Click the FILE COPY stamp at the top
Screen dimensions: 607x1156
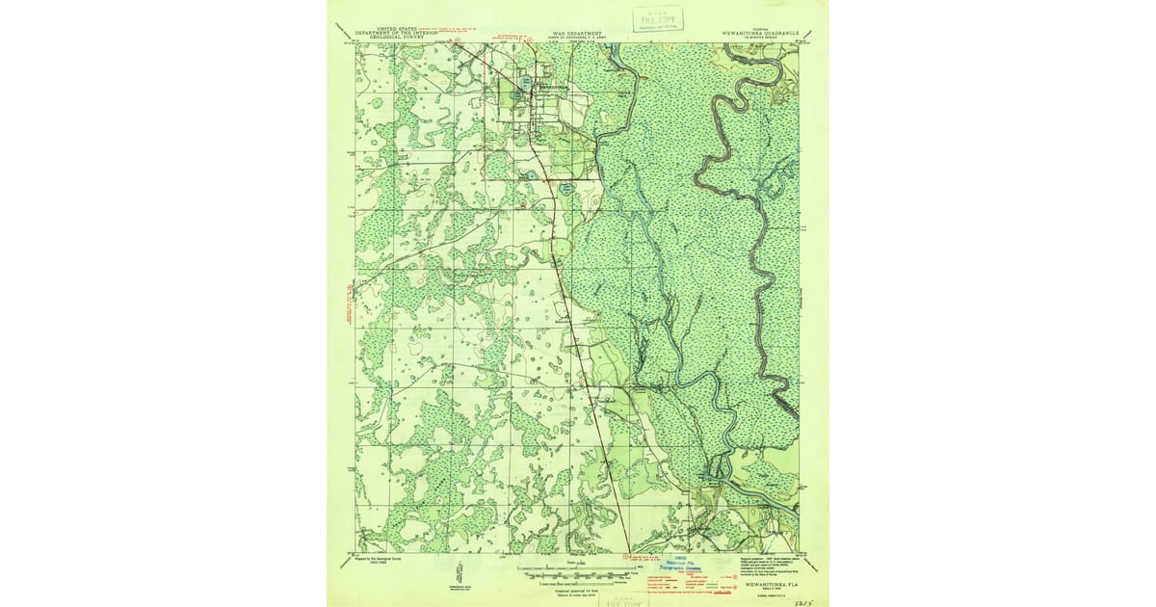pyautogui.click(x=657, y=19)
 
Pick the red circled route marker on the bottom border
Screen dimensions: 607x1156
pyautogui.click(x=627, y=555)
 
